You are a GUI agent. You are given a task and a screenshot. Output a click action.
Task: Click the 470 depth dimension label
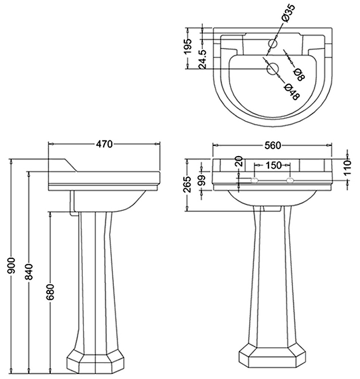[x=104, y=145]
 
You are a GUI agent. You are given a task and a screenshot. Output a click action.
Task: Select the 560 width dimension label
[x=272, y=145]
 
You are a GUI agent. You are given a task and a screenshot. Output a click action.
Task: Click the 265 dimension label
[x=188, y=186]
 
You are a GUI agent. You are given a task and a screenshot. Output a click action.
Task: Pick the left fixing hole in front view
[x=254, y=180]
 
